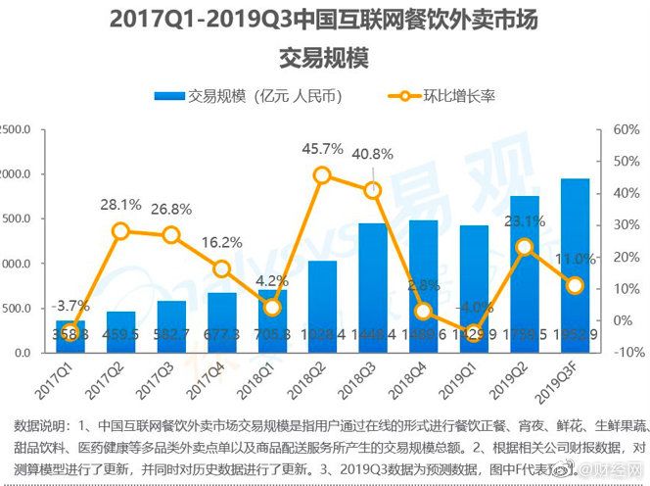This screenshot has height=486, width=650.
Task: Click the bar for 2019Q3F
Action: point(575,266)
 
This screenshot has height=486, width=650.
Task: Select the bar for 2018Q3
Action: point(372,288)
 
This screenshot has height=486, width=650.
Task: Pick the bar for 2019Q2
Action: point(525,274)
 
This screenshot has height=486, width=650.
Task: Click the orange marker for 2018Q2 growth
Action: point(322,175)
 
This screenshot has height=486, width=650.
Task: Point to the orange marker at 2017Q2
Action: point(120,231)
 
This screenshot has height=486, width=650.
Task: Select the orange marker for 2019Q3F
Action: point(576,285)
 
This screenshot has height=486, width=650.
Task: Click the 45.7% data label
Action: point(322,149)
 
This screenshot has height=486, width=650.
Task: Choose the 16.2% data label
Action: point(222,242)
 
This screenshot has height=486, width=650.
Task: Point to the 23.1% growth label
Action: point(525,221)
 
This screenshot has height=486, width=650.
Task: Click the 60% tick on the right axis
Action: point(626,129)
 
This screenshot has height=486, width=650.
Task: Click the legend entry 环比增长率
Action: point(459,96)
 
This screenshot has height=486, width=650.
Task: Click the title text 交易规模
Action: point(324,59)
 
